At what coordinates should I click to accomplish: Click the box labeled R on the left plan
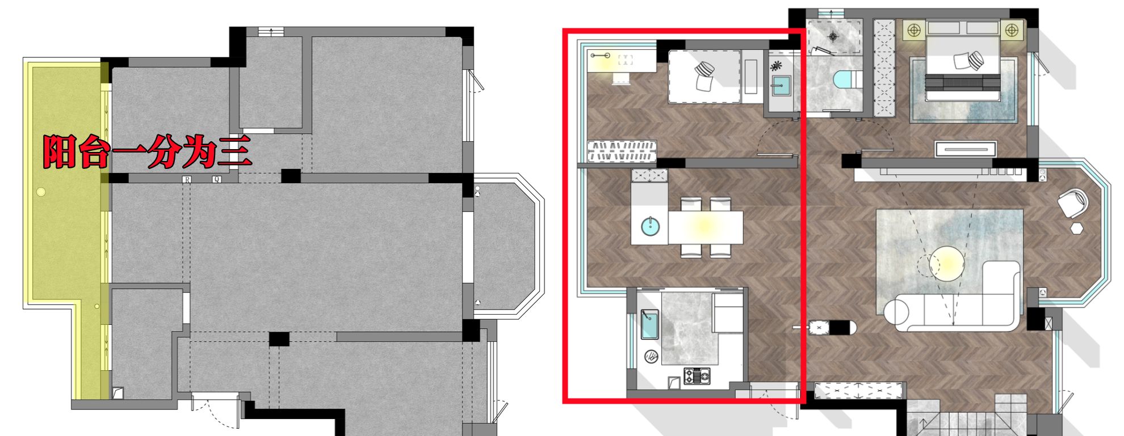[187, 180]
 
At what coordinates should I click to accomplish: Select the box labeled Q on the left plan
[217, 180]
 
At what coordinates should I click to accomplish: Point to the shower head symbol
[833, 37]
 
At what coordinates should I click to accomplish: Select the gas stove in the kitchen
[697, 375]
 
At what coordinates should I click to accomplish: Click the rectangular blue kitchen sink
[649, 325]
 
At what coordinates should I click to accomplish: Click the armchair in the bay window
[1072, 203]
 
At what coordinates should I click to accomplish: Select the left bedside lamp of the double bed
[914, 30]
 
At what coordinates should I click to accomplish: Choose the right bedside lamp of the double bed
[1011, 30]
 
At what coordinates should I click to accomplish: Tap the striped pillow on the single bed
[703, 70]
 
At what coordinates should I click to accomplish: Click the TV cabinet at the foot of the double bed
[966, 149]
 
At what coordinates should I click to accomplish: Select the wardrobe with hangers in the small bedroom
[622, 151]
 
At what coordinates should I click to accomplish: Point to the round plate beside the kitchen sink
[651, 357]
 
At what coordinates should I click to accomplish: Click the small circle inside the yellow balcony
[41, 192]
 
